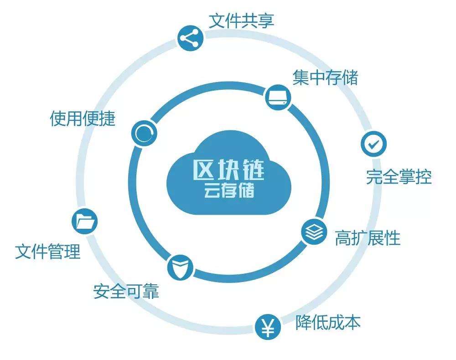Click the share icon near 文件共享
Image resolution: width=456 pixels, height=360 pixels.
coord(190,38)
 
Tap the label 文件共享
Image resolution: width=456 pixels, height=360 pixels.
coord(241,21)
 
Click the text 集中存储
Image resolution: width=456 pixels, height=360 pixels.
coord(326,78)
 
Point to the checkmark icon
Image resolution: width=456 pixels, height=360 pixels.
coord(374,144)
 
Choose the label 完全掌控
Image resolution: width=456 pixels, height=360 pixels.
coord(399,177)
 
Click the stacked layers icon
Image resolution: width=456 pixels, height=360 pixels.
coord(314,231)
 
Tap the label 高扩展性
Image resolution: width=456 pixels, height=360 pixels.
coord(368,238)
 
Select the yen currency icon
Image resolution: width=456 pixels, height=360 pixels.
coord(268,327)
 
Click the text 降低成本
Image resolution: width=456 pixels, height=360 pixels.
coord(328,322)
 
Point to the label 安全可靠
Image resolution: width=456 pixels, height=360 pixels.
coord(126,292)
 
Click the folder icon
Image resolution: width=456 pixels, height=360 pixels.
coord(85,221)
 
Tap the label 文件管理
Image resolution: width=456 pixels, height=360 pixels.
coord(48,252)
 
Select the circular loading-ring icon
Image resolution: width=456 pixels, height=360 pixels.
coord(144,134)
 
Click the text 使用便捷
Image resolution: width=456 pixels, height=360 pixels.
coord(83,118)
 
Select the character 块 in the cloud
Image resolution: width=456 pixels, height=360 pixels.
coord(228,170)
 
